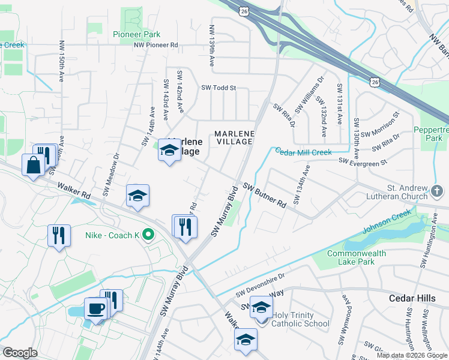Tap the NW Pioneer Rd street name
point(156,45)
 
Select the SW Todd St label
point(218,88)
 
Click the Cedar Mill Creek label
point(303,152)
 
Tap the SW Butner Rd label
point(264,194)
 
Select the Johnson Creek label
point(387,221)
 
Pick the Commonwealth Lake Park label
point(357,257)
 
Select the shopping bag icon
point(32,164)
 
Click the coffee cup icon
point(95,310)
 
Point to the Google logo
point(20,353)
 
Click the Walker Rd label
point(74,191)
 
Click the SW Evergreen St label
point(363,161)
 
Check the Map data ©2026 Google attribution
point(411,355)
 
